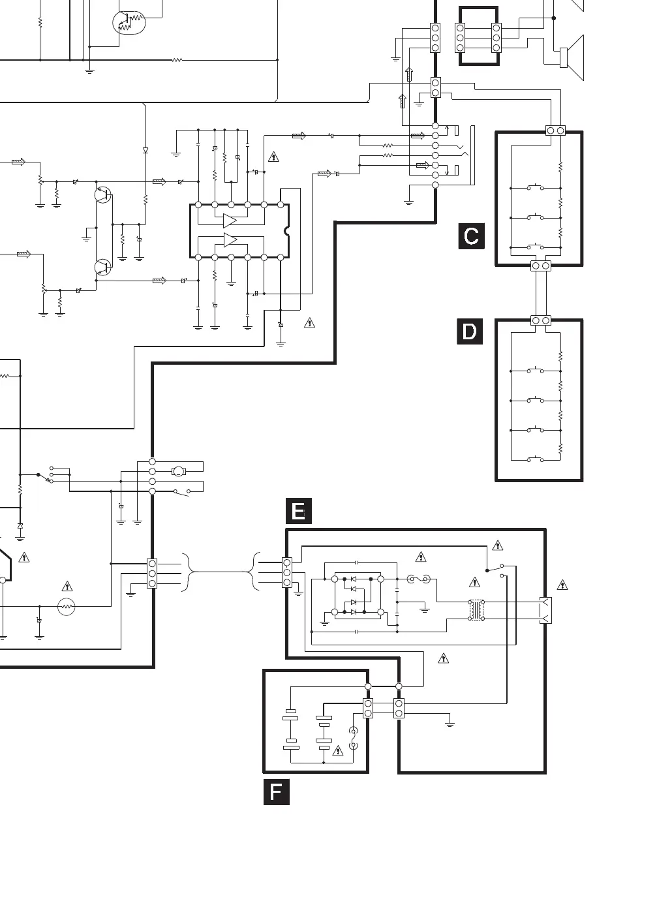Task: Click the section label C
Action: pos(471,236)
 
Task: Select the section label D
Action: pos(470,331)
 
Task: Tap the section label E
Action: pos(299,511)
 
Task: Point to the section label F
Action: pos(276,792)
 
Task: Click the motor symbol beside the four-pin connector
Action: pos(178,471)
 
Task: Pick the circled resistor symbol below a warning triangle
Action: pos(66,607)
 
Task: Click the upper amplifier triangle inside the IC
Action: pos(230,221)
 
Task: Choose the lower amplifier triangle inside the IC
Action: pos(230,240)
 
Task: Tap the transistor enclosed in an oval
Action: pos(128,23)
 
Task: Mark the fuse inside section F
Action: pos(354,738)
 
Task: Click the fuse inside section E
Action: pos(418,579)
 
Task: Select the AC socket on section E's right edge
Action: pos(545,610)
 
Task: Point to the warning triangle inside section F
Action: pos(338,751)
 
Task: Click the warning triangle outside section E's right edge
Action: pos(562,585)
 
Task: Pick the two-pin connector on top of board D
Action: pos(541,320)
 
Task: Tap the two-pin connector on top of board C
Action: pos(555,130)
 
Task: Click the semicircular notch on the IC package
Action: pos(286,231)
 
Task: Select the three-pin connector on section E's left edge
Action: pos(286,572)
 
